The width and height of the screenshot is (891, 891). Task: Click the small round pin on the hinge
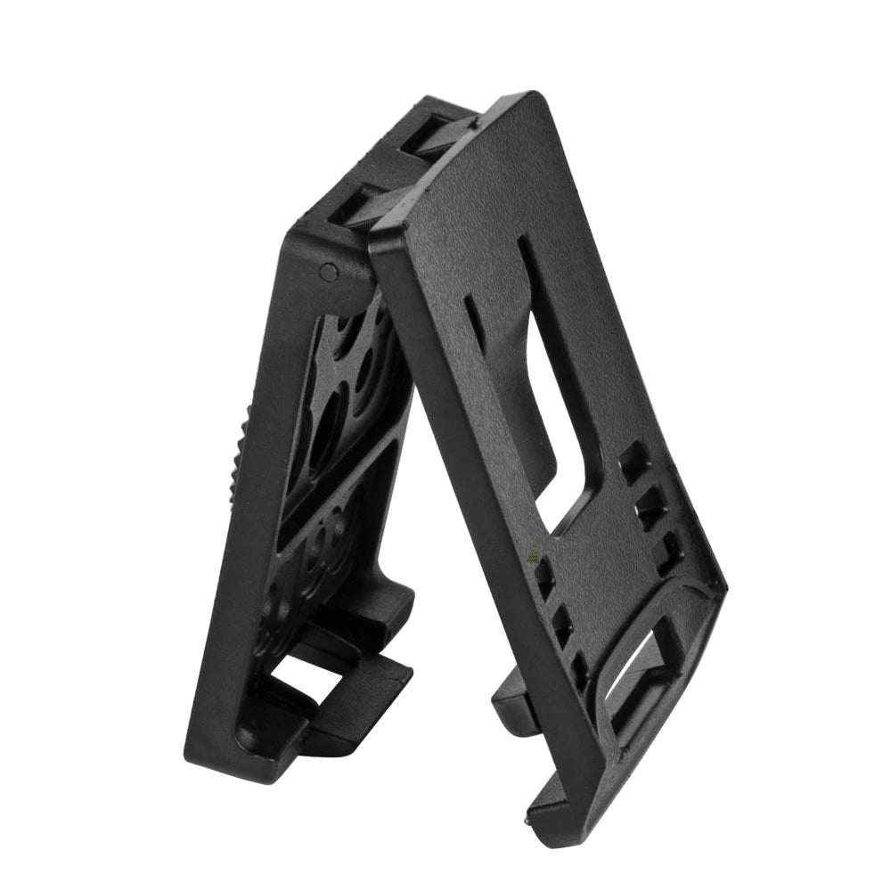coord(327,268)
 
